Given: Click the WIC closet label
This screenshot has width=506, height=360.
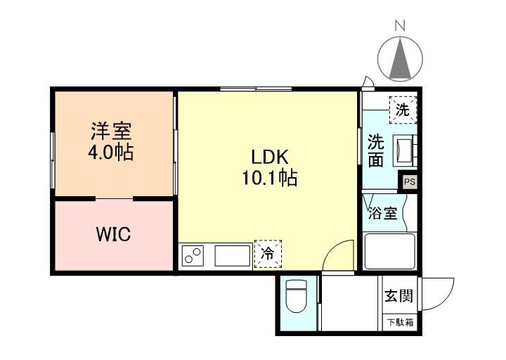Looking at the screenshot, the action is [x=114, y=234].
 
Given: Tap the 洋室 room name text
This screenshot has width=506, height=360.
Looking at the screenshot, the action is [x=111, y=131].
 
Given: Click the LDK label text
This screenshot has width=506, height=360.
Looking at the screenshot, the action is [x=269, y=157].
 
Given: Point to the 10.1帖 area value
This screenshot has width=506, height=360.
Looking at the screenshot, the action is [x=269, y=177].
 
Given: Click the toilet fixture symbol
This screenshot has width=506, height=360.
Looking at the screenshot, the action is [x=297, y=296].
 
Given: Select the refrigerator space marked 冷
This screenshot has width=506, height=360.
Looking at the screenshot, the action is [x=268, y=254].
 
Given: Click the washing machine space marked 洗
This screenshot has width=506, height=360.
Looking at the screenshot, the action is [x=403, y=110].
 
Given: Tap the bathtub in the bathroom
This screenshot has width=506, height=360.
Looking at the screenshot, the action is [x=389, y=251].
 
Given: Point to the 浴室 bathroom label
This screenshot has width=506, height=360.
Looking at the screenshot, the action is [x=383, y=213].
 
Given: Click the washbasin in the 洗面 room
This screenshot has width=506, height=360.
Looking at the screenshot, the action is [x=403, y=150].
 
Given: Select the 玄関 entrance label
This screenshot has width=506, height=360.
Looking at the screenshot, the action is [x=399, y=295].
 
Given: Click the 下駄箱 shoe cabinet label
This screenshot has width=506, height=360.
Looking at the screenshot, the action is [x=400, y=322].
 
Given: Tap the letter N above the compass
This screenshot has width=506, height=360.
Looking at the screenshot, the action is [x=400, y=25].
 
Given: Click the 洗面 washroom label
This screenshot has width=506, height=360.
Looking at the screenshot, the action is [x=376, y=150].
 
